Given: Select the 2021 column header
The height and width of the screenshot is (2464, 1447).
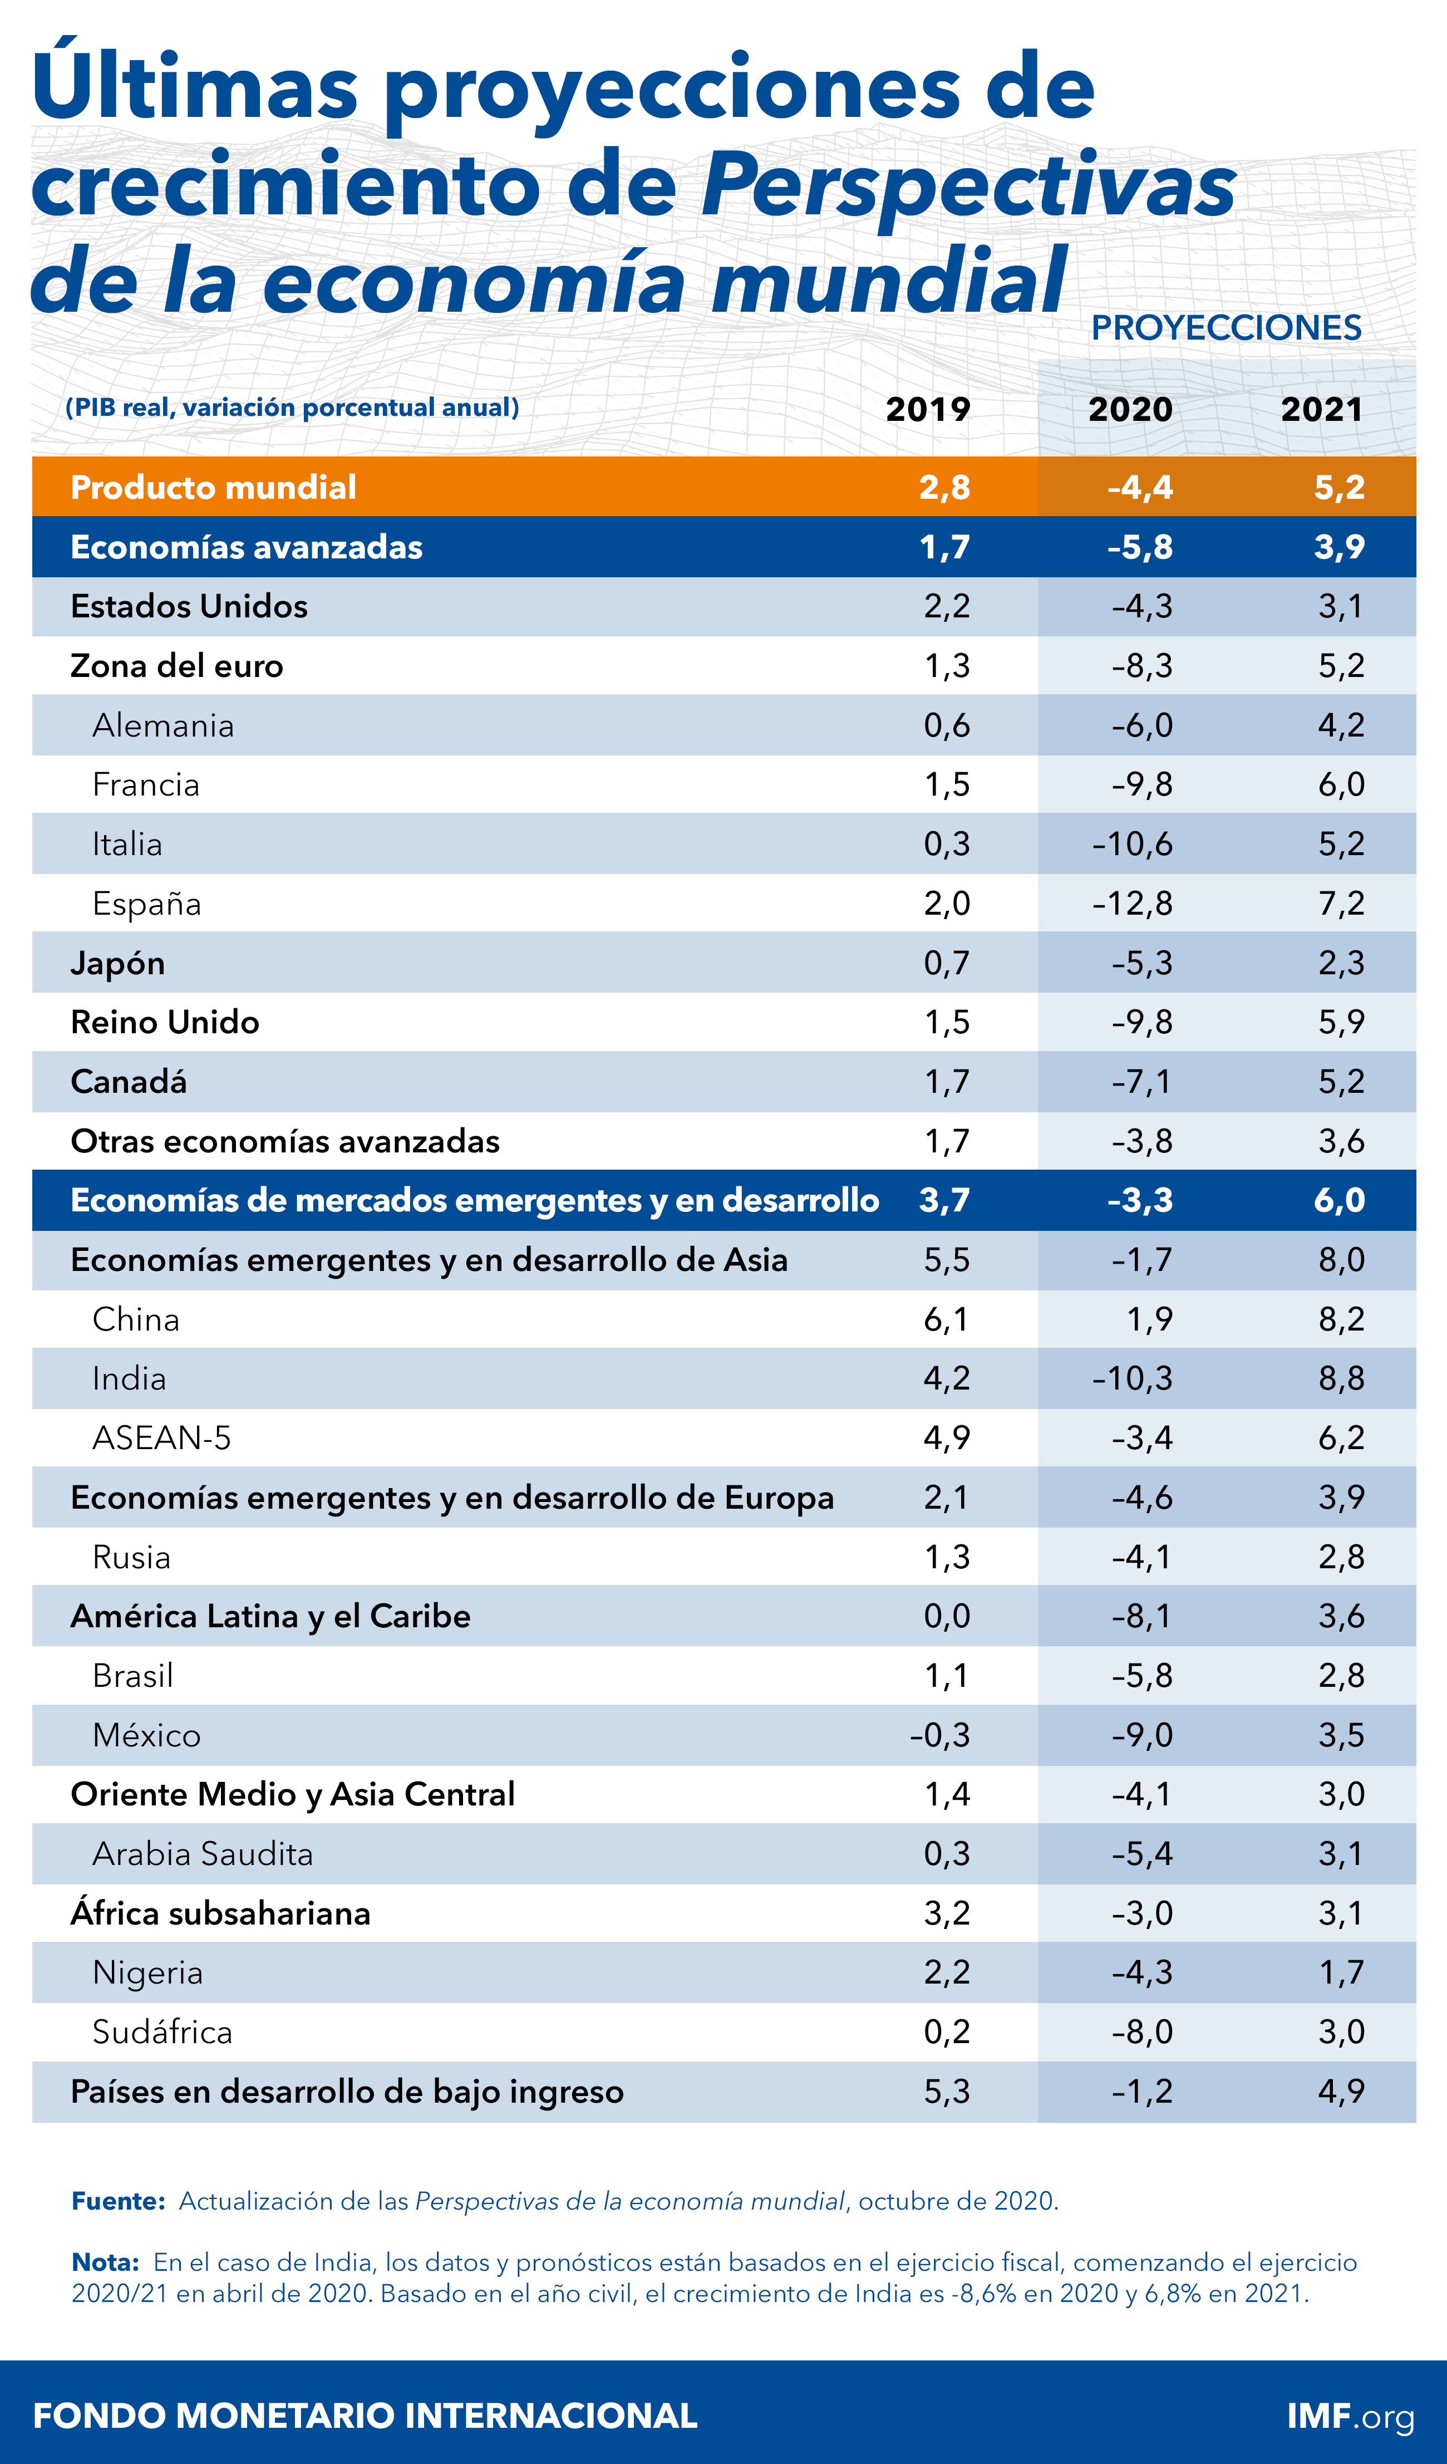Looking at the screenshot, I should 1322,409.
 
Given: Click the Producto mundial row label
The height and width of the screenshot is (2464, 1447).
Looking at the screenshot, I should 213,487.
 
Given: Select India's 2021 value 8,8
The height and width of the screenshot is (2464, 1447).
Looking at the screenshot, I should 1341,1378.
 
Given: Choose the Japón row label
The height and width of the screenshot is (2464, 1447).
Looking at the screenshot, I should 117,963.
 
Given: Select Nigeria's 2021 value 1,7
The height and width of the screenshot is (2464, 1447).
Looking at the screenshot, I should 1341,1972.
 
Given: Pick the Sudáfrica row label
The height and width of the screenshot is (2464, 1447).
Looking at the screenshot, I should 163,2032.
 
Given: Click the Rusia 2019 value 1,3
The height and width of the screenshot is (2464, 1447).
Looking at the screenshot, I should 947,1557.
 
